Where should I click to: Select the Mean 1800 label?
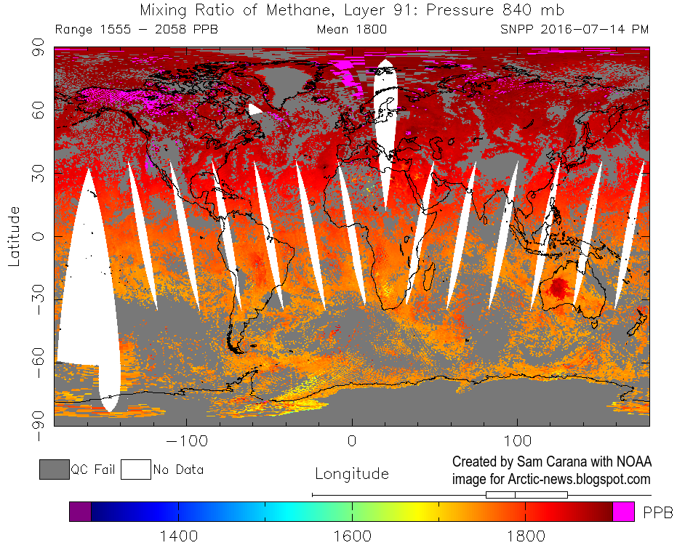[x=352, y=30]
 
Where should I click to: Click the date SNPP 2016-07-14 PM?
[x=574, y=30]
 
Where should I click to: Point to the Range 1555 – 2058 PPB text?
[x=136, y=30]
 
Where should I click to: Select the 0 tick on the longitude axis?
[x=352, y=441]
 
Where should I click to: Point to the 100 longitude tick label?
[x=517, y=441]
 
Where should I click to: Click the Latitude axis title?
[x=15, y=236]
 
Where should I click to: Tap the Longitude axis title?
[x=352, y=474]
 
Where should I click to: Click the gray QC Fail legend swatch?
[x=54, y=470]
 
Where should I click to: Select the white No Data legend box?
[x=135, y=470]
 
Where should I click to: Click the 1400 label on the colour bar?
[x=179, y=536]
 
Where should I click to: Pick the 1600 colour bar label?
[x=352, y=536]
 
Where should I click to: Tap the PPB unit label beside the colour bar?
[x=658, y=512]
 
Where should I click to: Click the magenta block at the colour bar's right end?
[x=623, y=512]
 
